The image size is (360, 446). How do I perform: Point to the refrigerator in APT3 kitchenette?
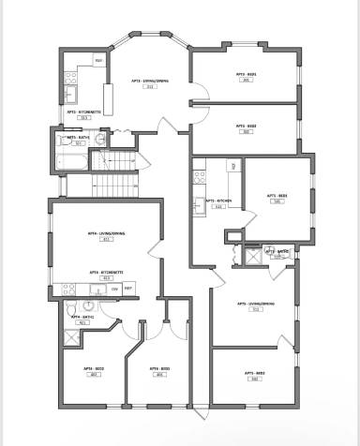tap(98, 62)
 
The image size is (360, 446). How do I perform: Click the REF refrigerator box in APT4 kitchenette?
tap(128, 289)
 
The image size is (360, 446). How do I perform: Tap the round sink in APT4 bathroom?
tap(88, 305)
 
